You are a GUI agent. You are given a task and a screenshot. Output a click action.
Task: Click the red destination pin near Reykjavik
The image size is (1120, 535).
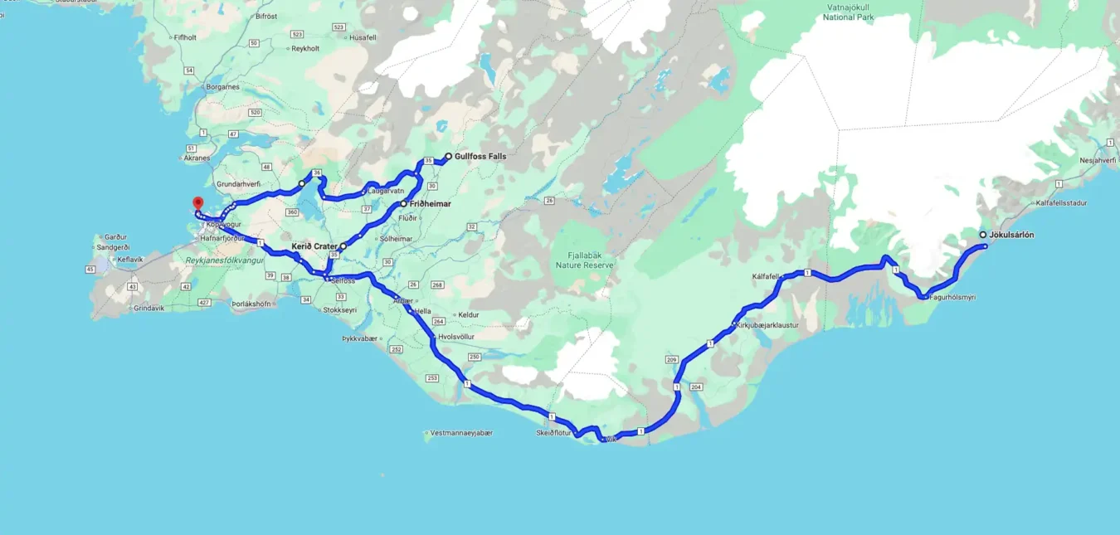[197, 203]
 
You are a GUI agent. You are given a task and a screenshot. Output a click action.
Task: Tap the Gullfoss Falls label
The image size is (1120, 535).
[480, 156]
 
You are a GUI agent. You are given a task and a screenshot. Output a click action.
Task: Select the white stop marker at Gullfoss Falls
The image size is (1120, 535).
[449, 156]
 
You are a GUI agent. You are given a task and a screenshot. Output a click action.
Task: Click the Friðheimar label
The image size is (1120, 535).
[430, 203]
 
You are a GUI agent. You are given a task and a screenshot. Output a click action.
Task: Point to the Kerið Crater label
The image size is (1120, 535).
[314, 246]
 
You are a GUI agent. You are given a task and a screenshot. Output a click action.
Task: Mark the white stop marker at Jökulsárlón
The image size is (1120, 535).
[983, 235]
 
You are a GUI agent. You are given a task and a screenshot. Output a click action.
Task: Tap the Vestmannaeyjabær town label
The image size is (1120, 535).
[462, 433]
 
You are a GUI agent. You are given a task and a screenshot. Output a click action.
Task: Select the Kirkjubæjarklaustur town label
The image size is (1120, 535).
[767, 325]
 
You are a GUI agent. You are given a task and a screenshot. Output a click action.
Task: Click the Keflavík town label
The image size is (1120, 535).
[130, 259]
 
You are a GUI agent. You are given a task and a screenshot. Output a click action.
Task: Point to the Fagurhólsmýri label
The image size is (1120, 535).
[952, 297]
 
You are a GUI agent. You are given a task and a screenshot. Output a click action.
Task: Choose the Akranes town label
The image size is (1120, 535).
[197, 157]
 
